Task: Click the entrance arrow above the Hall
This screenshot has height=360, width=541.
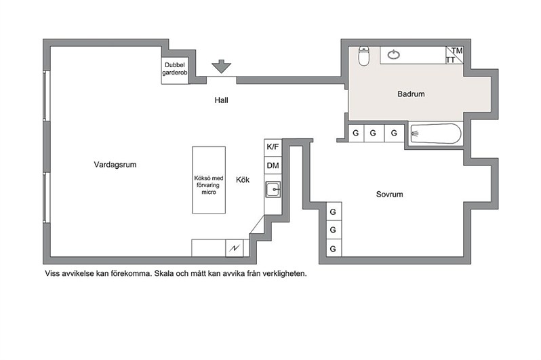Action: (x=221, y=66)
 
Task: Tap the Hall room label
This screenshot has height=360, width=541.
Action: (x=221, y=100)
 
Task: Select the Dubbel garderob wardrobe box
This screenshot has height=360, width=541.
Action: (x=175, y=71)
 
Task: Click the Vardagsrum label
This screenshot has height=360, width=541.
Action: (x=115, y=164)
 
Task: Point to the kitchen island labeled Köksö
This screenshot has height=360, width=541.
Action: (x=209, y=180)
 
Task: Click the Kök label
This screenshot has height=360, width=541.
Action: (x=243, y=180)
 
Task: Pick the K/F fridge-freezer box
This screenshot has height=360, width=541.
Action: (x=273, y=147)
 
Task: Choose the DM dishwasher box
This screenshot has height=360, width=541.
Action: (x=273, y=165)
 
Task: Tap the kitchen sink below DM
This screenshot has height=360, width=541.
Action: (x=273, y=190)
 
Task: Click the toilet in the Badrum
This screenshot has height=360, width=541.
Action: (x=363, y=56)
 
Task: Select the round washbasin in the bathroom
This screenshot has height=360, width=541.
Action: (x=394, y=54)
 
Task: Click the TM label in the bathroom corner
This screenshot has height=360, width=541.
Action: (x=457, y=51)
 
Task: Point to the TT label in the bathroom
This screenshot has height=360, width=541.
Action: (x=450, y=60)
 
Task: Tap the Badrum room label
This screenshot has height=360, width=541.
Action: (x=411, y=94)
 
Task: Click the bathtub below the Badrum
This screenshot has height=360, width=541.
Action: (x=435, y=134)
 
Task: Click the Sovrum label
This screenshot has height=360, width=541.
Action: (x=390, y=194)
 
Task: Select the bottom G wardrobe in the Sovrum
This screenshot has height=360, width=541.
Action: (x=334, y=248)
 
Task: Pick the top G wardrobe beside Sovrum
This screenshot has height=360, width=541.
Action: (x=334, y=212)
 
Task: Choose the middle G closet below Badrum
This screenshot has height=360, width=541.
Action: (x=374, y=133)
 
